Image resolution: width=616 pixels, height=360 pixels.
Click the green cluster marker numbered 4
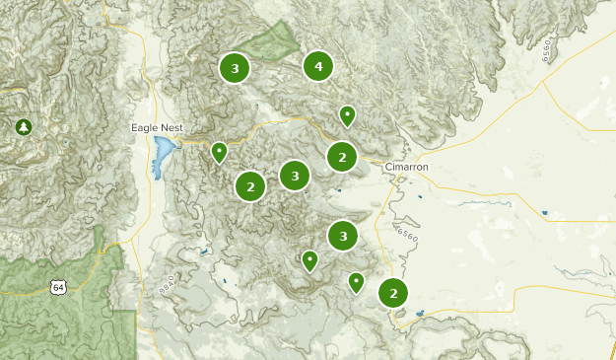point(317,66)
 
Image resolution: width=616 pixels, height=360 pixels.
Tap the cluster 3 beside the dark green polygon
point(235,68)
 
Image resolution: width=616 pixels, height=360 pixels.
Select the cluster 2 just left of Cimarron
point(342,156)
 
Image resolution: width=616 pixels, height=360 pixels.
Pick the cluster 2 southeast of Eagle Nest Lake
point(250,185)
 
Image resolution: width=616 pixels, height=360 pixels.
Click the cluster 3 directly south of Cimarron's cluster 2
point(342,236)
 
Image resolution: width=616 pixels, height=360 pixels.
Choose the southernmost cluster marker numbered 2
point(393,293)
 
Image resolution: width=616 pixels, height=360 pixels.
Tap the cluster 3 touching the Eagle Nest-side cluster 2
point(294,176)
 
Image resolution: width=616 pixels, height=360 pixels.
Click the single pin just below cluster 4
point(347,115)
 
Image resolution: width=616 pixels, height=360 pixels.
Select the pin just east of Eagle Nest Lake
point(219,152)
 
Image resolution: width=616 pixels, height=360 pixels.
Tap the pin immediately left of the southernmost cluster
point(356,283)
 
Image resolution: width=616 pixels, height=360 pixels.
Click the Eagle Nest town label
point(158,128)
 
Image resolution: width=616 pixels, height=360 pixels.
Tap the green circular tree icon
point(23,126)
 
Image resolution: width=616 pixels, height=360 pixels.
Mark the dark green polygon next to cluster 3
point(271,40)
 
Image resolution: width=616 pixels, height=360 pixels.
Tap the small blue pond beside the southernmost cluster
point(422,315)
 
